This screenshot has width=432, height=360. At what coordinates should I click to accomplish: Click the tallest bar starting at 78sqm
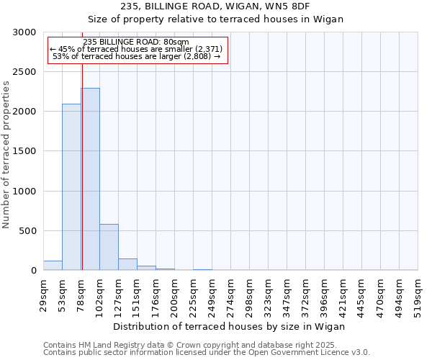[90, 180]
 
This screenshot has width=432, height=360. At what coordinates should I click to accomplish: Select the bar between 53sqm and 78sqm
[71, 187]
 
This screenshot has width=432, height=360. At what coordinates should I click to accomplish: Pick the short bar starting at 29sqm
[53, 266]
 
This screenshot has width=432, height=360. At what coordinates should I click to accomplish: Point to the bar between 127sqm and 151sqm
[127, 264]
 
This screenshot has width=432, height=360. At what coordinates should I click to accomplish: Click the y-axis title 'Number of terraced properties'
[6, 155]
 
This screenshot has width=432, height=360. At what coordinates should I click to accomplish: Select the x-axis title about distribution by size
[229, 326]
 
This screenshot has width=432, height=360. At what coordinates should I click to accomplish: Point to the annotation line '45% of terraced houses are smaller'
[137, 49]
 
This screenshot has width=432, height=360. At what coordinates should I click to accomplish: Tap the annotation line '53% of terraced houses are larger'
[137, 56]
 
